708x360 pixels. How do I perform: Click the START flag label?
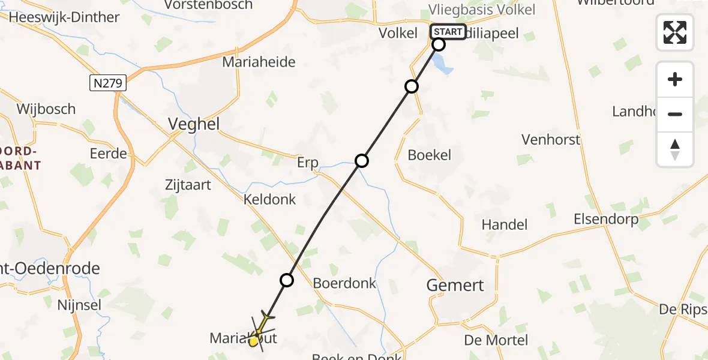[448, 32]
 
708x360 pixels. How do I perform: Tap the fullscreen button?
[675, 32]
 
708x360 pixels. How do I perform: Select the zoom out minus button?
[675, 115]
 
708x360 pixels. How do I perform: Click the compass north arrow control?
[675, 149]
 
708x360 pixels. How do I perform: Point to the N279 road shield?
[108, 83]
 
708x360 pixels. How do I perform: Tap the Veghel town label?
[194, 124]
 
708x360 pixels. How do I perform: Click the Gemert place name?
[455, 285]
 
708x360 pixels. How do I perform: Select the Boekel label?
[429, 155]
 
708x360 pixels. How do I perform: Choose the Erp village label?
[307, 163]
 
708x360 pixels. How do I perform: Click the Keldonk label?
[269, 199]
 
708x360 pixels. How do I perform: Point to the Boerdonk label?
[344, 283]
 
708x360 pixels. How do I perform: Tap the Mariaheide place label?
[259, 62]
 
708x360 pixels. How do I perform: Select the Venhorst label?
[551, 140]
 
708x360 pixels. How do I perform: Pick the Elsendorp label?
[606, 219]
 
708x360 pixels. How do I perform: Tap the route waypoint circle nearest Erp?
[361, 161]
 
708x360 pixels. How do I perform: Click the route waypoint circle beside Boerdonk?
[287, 280]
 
